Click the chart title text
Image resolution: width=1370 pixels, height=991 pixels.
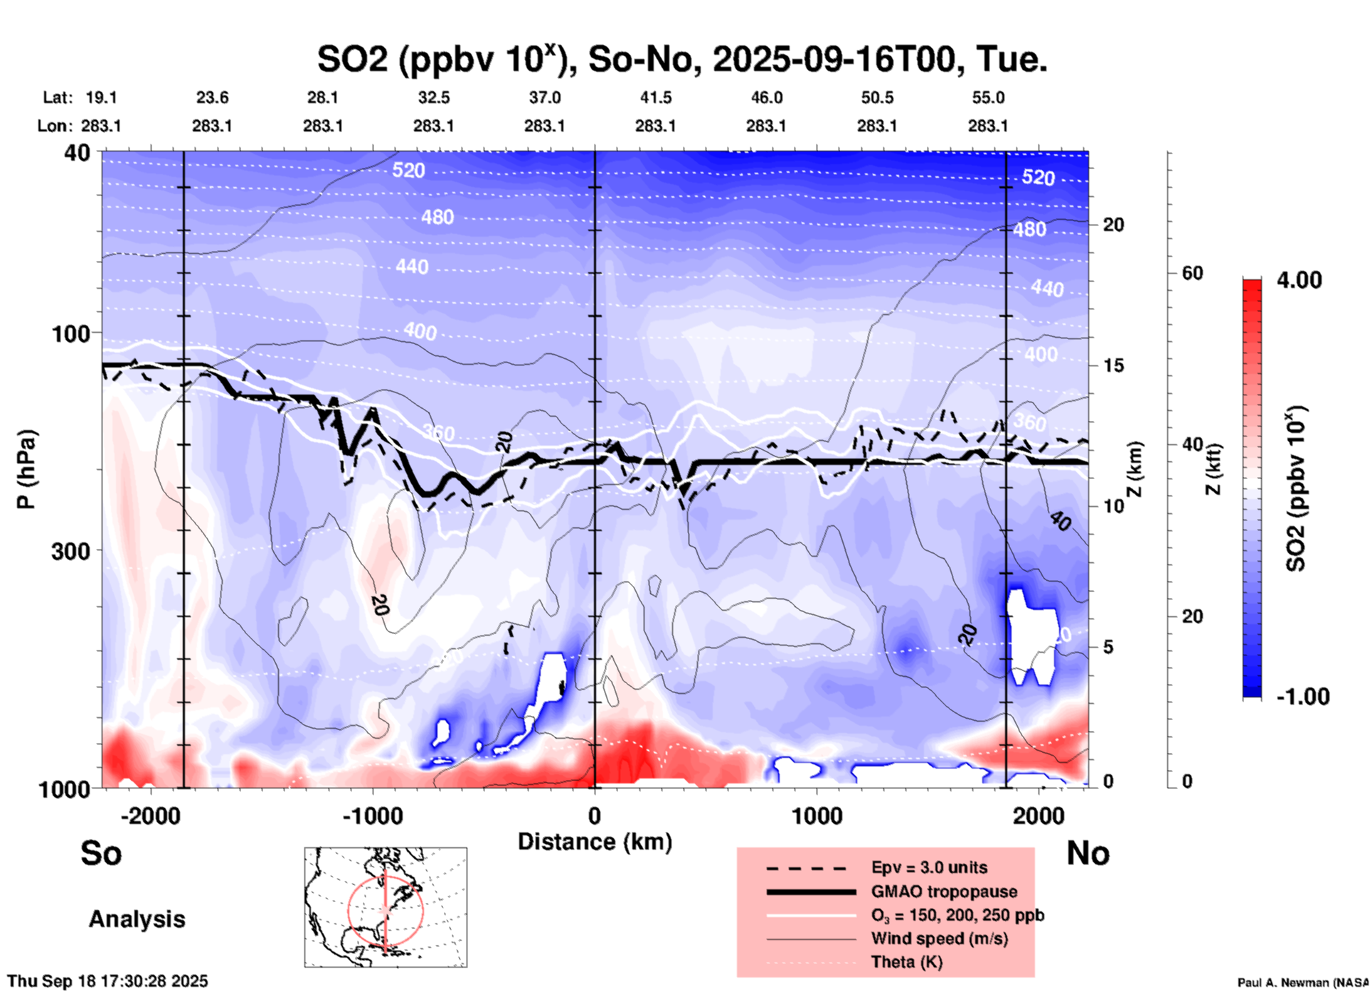point(681,59)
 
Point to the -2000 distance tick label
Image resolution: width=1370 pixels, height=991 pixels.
point(150,816)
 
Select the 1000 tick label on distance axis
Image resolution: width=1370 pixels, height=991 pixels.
point(817,816)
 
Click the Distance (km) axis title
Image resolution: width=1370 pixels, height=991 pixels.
point(595,842)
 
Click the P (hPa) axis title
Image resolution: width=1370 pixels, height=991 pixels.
point(26,468)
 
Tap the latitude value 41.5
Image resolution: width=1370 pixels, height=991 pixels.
point(655,97)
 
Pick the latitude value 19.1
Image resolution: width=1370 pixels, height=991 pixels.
point(101,97)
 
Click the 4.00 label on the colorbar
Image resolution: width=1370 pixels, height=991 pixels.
point(1299,279)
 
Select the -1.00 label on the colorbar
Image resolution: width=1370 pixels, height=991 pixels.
point(1302,697)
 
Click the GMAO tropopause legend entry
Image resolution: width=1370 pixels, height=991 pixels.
point(944,891)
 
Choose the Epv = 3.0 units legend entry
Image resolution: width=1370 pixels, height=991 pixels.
point(929,867)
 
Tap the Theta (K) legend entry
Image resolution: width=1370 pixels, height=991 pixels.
point(906,962)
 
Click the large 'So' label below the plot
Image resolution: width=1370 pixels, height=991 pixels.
point(101,853)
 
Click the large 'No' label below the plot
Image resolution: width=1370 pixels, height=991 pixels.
point(1088,853)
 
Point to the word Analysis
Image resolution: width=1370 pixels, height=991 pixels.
point(137,919)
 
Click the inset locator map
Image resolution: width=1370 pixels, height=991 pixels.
point(386,907)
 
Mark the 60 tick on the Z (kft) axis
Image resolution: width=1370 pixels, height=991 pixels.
point(1192,274)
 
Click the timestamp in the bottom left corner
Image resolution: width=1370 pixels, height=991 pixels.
point(108,981)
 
